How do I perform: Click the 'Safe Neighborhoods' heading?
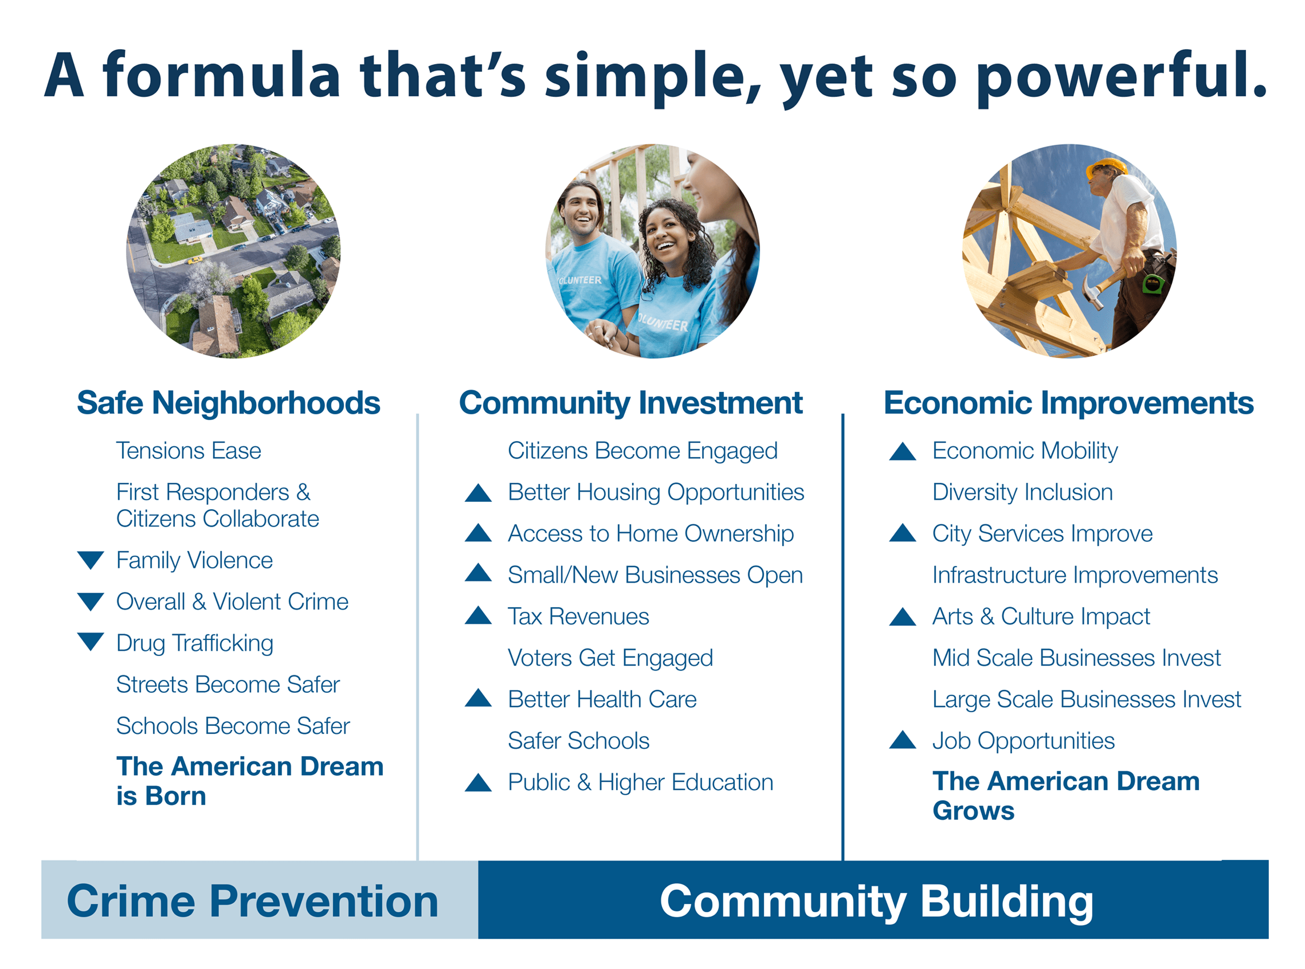pos(228,403)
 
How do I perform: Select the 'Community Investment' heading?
pos(630,403)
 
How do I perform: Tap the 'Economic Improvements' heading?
pos(1068,403)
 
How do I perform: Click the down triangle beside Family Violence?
pos(91,560)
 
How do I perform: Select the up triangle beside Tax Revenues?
pos(478,615)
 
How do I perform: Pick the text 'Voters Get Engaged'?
pos(610,658)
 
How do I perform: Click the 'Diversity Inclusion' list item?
pos(1022,492)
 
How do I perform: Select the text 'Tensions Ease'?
pos(188,451)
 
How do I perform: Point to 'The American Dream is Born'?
pos(249,781)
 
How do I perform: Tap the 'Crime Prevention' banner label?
pos(252,901)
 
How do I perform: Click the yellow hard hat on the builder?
pos(1106,167)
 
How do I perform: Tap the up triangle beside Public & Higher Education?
pos(478,782)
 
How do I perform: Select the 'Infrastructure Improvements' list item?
pos(1075,575)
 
